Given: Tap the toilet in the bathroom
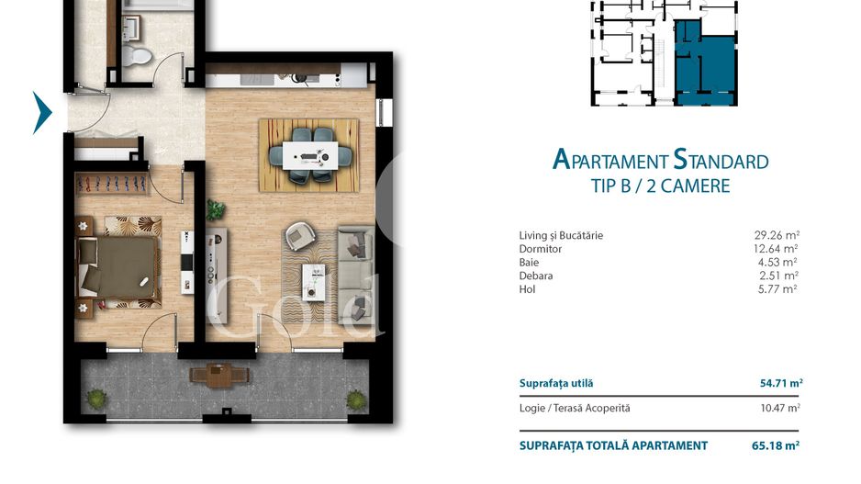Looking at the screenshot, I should (139, 57).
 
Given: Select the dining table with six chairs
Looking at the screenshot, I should (308, 154).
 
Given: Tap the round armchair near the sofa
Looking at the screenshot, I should (298, 236).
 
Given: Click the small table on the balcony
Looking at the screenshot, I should (218, 375).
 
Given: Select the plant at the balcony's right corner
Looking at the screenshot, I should (355, 399).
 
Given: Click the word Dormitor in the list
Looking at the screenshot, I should (540, 249).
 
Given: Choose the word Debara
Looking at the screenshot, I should (536, 276).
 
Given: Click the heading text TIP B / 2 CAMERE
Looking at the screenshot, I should (660, 186).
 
